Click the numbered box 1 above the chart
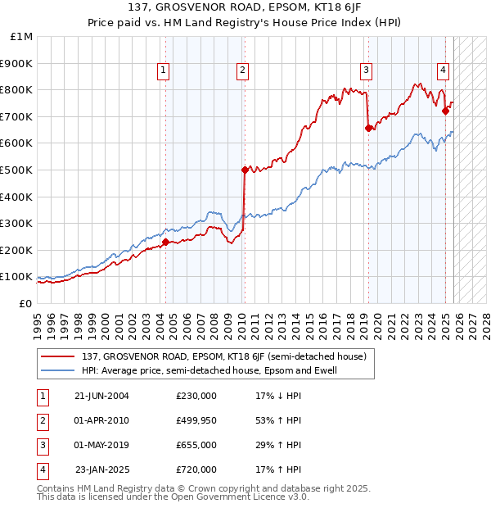(x=164, y=71)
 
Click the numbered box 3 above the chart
(x=367, y=71)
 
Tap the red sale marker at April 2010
(x=245, y=170)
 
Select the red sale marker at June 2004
(x=165, y=242)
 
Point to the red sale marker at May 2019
(x=368, y=128)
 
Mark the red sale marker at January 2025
(x=445, y=111)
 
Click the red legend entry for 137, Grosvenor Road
(x=228, y=356)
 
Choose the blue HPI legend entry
(x=209, y=370)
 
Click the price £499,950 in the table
(x=196, y=420)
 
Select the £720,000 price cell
(x=196, y=469)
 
